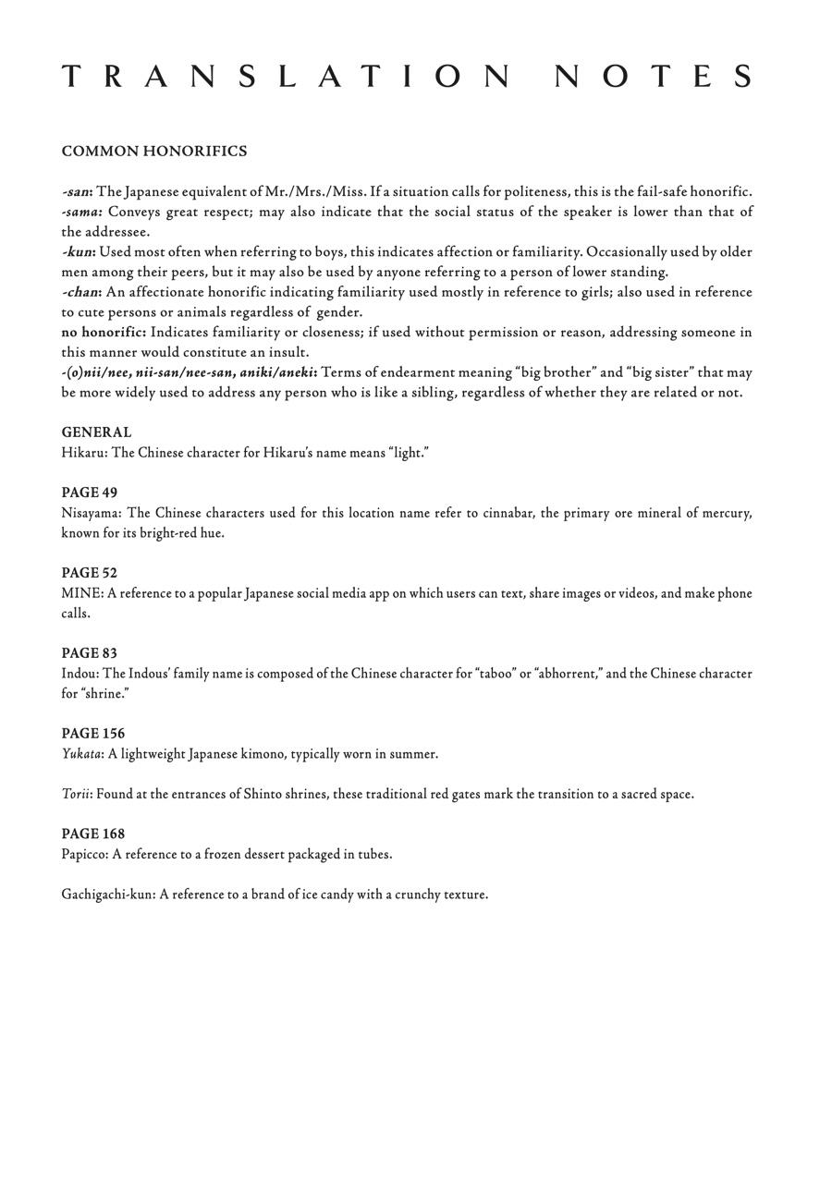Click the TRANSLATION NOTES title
point(408,77)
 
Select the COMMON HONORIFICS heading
point(154,152)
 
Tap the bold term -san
point(77,192)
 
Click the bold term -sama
point(80,213)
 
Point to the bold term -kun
point(78,252)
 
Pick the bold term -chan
point(80,293)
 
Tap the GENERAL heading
point(96,432)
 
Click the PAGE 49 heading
point(90,493)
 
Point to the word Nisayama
point(91,513)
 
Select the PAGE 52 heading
point(90,573)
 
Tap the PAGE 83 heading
point(90,653)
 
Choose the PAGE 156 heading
point(93,734)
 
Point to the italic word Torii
point(75,794)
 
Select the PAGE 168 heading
point(93,834)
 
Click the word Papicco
point(84,855)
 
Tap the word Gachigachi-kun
point(107,895)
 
